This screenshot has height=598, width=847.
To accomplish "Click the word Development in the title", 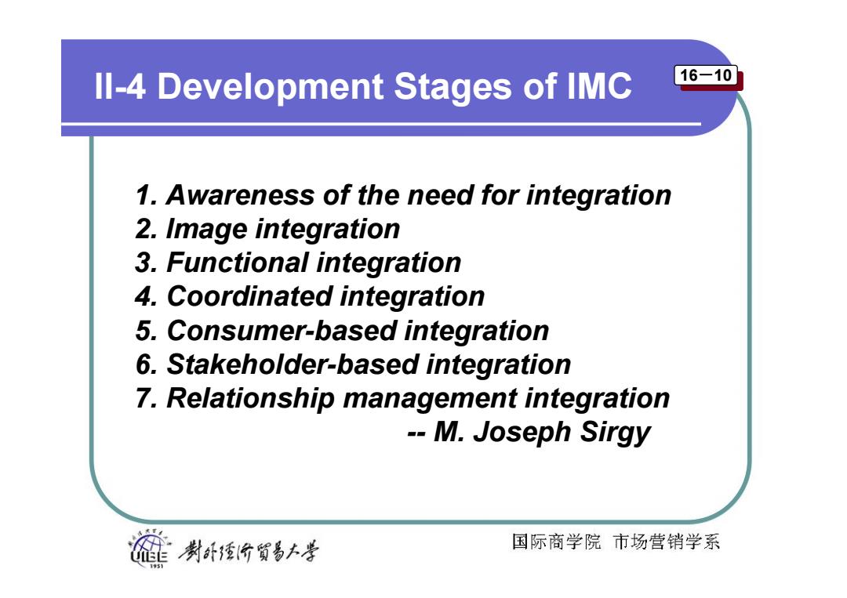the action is click(x=271, y=87).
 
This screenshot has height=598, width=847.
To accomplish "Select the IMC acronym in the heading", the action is click(x=599, y=86).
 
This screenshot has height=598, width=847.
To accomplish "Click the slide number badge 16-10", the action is click(x=706, y=75).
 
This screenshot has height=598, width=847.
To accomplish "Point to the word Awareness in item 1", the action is click(x=240, y=195).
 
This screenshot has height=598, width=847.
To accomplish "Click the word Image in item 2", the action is click(x=205, y=229).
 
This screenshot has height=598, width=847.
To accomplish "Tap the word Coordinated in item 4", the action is click(x=249, y=296).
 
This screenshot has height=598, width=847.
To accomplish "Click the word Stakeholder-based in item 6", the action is click(x=292, y=364).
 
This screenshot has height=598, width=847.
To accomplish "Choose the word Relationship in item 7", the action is click(x=250, y=398).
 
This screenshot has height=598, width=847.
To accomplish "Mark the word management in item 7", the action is click(x=430, y=399).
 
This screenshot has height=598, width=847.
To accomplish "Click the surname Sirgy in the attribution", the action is click(x=615, y=433).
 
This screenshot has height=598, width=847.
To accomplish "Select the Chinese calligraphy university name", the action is click(x=249, y=550).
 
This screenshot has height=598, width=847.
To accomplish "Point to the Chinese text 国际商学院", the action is click(x=556, y=542).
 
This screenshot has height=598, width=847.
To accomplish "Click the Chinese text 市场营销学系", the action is click(x=667, y=542).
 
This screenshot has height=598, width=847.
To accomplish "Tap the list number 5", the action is click(x=145, y=331).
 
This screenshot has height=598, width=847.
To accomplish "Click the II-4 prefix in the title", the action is click(x=120, y=86).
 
